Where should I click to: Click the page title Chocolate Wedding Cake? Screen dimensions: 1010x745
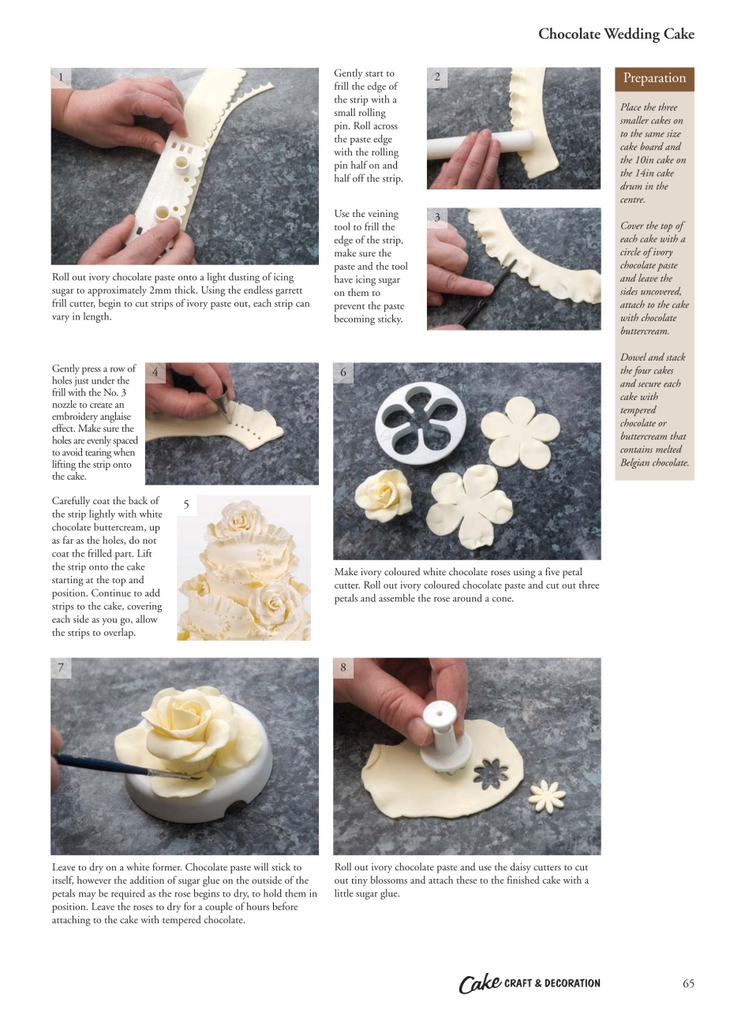pos(616,34)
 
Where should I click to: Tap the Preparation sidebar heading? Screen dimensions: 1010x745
pos(654,78)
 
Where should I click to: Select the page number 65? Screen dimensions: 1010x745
pos(688,983)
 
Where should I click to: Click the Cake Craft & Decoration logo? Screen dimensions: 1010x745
pos(530,983)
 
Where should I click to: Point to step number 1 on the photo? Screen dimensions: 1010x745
pos(61,77)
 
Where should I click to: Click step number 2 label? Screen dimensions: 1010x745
pos(437,77)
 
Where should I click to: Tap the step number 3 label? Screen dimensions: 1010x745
pos(437,218)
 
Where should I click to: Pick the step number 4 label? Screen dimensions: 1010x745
pos(155,372)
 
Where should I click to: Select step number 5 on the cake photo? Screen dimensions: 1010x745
pos(186,505)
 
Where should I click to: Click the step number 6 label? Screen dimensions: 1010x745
pos(343,372)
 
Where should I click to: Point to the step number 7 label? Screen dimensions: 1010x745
pos(61,668)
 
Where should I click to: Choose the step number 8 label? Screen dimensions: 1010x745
pos(343,668)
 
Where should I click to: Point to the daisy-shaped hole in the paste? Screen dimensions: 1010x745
pos(496,776)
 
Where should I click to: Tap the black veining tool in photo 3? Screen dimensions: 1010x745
pos(489,292)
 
